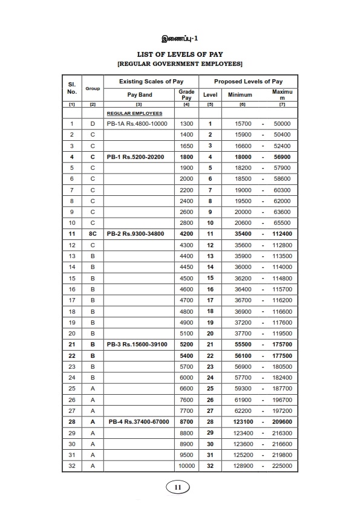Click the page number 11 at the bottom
178,487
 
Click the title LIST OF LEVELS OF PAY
180,54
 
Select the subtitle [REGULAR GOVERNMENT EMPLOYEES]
180,63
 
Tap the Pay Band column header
139,95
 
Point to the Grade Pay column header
186,94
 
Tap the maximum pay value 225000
282,465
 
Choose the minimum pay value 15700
234,123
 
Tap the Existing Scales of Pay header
151,81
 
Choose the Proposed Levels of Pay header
248,81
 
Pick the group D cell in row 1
93,123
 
